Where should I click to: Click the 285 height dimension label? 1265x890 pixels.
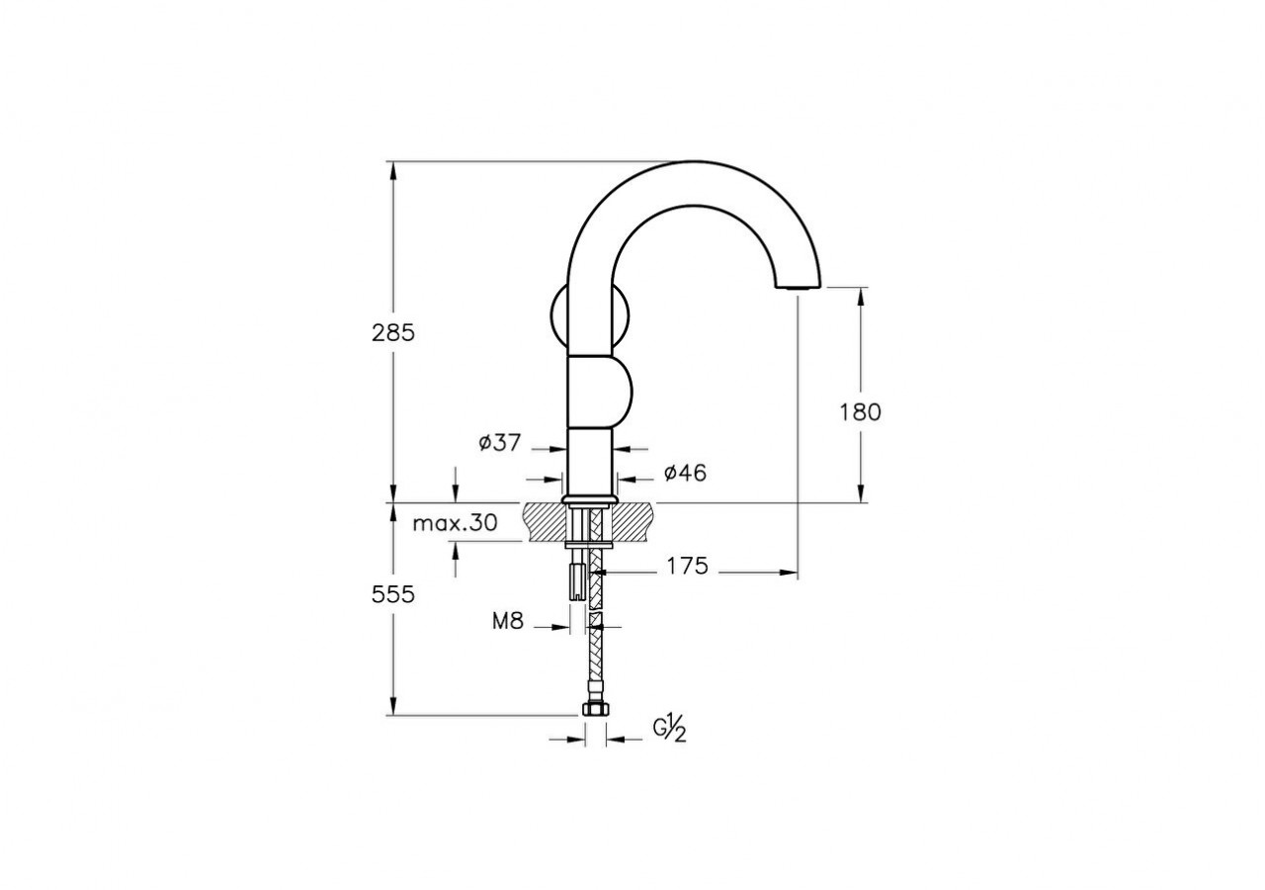tap(393, 333)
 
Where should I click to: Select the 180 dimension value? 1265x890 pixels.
tap(860, 412)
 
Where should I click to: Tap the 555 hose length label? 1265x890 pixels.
tap(393, 594)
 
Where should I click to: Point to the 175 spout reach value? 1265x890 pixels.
tap(687, 567)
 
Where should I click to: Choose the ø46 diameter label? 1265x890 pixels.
tap(685, 474)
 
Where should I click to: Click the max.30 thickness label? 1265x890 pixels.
tap(455, 523)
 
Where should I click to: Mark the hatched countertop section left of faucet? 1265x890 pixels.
tap(544, 521)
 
